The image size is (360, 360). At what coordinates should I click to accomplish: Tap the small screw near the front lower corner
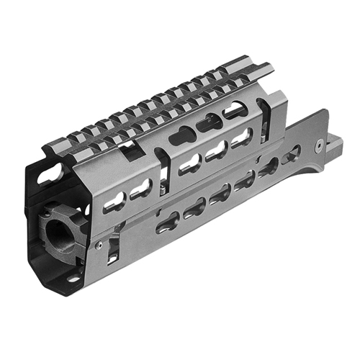pos(97,246)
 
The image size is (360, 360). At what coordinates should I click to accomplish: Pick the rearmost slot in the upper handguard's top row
pos(233,109)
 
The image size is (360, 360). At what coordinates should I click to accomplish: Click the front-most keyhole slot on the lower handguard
pos(168,223)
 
